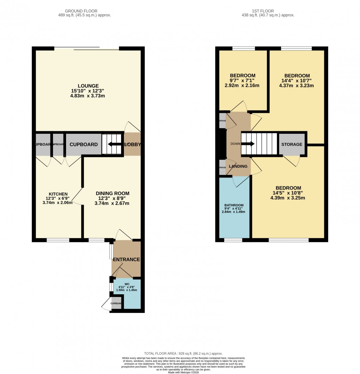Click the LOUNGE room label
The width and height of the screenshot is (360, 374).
point(88,86)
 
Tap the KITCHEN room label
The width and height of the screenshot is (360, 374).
point(58,194)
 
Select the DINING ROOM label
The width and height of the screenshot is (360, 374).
point(113,193)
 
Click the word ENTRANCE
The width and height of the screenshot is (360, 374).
point(126,260)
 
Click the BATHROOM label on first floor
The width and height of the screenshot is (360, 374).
point(234,205)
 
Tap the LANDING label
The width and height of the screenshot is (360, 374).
point(238,167)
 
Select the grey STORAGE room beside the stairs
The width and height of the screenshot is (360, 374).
point(292,144)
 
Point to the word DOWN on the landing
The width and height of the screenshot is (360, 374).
point(235,144)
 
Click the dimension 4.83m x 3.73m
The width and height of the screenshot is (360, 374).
point(88,96)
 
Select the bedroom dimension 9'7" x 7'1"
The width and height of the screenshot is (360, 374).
point(242,80)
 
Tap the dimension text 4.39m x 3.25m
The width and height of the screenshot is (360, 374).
point(288,198)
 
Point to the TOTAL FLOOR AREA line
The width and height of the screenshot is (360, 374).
point(184,354)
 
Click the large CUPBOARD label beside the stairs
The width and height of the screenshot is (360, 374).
point(84,145)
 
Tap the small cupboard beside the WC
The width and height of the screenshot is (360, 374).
point(116,304)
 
